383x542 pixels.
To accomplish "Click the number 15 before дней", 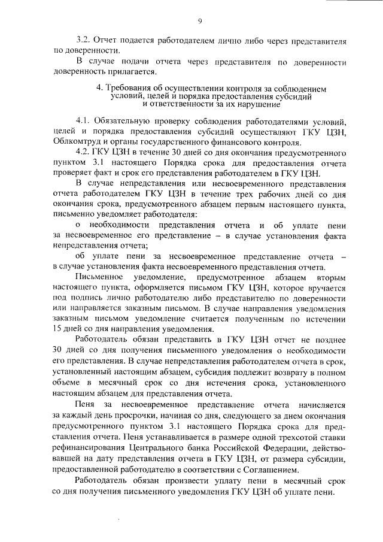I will tap(58, 329).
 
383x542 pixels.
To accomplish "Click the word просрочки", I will tap(121, 415).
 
